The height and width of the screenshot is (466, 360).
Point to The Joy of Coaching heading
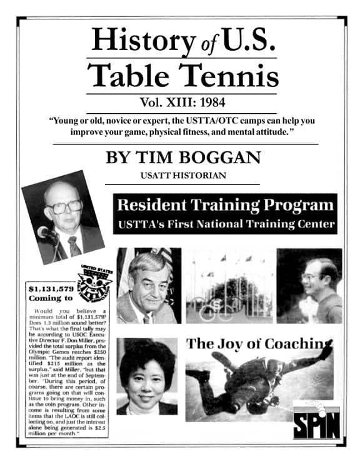[258, 343]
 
